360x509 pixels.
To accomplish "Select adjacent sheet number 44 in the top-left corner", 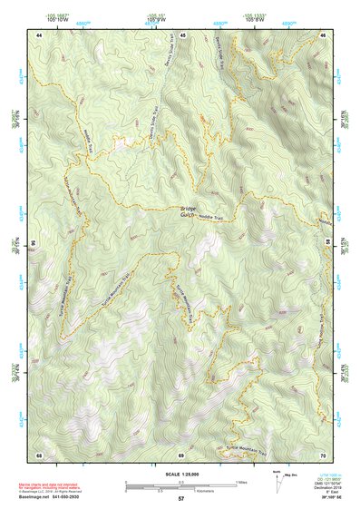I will pyautogui.click(x=40, y=34).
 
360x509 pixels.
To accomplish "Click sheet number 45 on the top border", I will pyautogui.click(x=182, y=34).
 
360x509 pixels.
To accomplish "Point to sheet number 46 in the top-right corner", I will pyautogui.click(x=324, y=34).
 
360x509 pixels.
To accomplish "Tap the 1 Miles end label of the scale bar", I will pyautogui.click(x=242, y=481).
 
